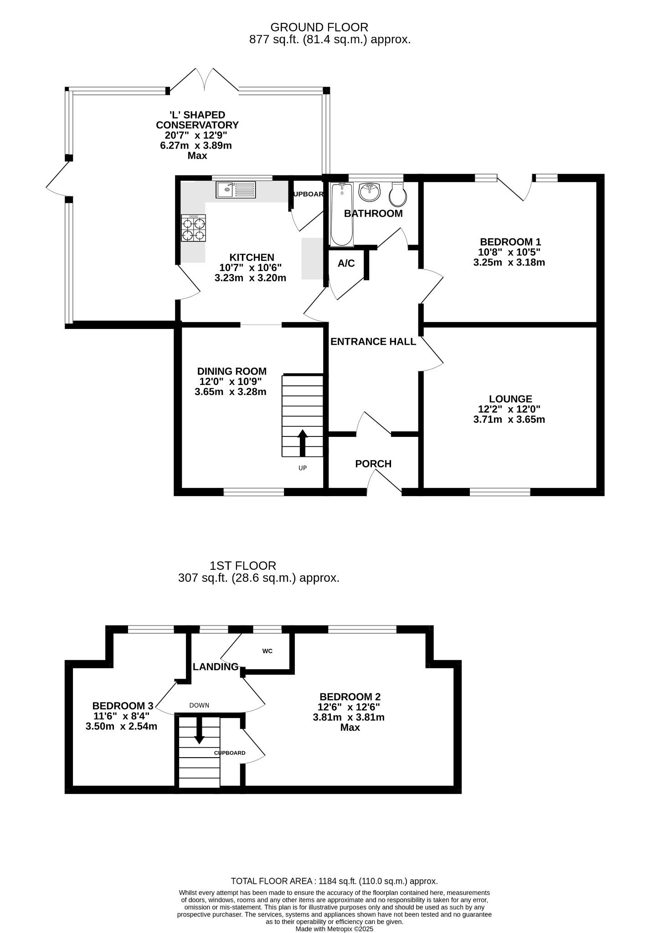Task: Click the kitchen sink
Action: pyautogui.click(x=236, y=190)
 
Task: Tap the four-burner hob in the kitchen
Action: pyautogui.click(x=193, y=228)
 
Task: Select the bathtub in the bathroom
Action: pyautogui.click(x=341, y=214)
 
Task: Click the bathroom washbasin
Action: pyautogui.click(x=369, y=192)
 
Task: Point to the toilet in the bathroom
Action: pyautogui.click(x=398, y=194)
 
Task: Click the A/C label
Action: pyautogui.click(x=346, y=263)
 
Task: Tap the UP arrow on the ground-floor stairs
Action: pyautogui.click(x=303, y=443)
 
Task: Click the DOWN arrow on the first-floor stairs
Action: pyautogui.click(x=199, y=730)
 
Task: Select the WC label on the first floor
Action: pyautogui.click(x=268, y=651)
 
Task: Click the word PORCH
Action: pyautogui.click(x=373, y=464)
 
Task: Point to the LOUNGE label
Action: pyautogui.click(x=510, y=399)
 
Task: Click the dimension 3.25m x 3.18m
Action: pyautogui.click(x=509, y=262)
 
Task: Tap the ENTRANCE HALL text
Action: pyautogui.click(x=373, y=342)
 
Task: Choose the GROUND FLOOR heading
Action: pyautogui.click(x=319, y=27)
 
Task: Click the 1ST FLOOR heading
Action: pyautogui.click(x=243, y=566)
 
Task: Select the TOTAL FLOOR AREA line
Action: pyautogui.click(x=334, y=881)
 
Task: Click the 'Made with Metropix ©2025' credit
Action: pyautogui.click(x=334, y=929)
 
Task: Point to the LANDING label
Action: pyautogui.click(x=216, y=667)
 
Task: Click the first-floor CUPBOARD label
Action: pyautogui.click(x=230, y=753)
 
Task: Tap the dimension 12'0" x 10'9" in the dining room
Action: pyautogui.click(x=231, y=382)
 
